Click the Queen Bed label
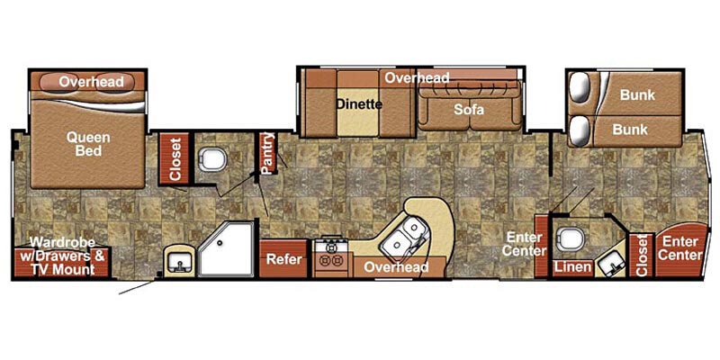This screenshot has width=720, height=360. [88, 144]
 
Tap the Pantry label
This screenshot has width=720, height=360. [266, 153]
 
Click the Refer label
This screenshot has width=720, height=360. [283, 259]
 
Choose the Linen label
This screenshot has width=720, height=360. [572, 267]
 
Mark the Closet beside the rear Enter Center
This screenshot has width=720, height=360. [642, 256]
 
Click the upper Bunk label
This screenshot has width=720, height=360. [637, 95]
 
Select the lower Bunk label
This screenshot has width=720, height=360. [630, 130]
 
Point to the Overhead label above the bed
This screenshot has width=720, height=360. [89, 82]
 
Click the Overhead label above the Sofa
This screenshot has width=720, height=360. [418, 78]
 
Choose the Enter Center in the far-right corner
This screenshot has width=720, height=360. [680, 249]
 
